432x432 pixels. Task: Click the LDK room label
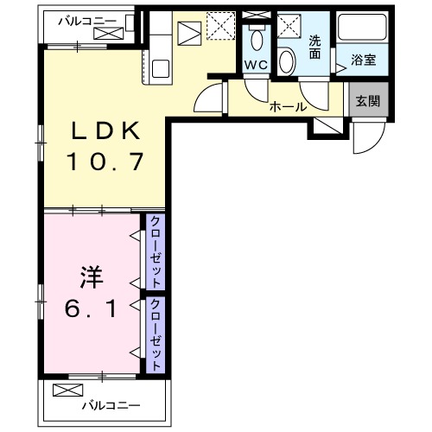tap(105, 130)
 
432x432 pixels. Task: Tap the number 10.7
tap(105, 161)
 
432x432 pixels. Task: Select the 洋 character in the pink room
tap(92, 277)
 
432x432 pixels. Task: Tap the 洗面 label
tap(315, 47)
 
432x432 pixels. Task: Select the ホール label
tap(288, 106)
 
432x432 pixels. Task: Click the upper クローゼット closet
tap(156, 251)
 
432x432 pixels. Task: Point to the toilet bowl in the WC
tap(256, 39)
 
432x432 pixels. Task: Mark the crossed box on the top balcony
tap(111, 35)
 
